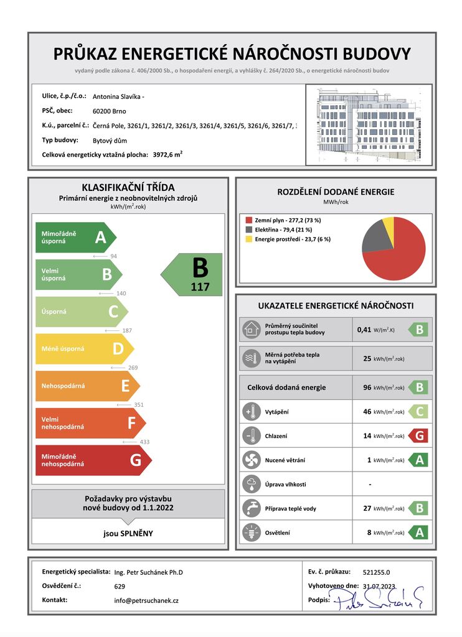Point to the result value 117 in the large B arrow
click(x=200, y=287)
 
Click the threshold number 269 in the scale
click(x=133, y=368)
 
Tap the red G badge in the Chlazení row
click(x=419, y=435)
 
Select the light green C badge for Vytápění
click(x=419, y=411)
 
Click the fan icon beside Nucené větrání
click(x=252, y=460)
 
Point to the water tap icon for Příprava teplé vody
click(x=252, y=508)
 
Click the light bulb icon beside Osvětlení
click(x=252, y=532)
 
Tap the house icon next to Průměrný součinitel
click(x=252, y=329)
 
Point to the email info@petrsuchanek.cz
click(x=146, y=600)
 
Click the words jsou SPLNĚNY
click(x=128, y=533)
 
